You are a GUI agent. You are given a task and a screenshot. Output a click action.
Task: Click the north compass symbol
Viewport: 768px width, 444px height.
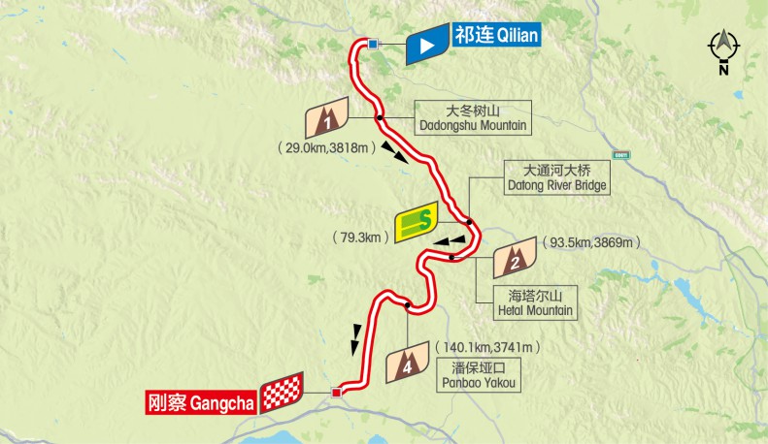pyautogui.click(x=724, y=48)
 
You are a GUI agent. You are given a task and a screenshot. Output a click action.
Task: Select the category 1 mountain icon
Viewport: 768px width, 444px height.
pyautogui.click(x=328, y=118)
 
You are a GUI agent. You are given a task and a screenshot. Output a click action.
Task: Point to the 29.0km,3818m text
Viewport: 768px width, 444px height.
pyautogui.click(x=324, y=148)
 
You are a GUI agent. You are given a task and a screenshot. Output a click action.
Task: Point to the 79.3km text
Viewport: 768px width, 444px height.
pyautogui.click(x=360, y=236)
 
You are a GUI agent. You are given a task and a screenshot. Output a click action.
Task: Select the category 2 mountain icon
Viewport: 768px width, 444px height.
pyautogui.click(x=516, y=258)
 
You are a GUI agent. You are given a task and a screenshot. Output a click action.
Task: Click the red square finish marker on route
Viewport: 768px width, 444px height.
pyautogui.click(x=337, y=393)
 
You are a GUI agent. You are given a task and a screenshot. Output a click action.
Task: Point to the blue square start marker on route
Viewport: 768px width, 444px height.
pyautogui.click(x=373, y=43)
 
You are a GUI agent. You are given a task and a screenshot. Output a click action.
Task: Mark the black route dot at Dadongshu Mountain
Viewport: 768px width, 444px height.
pyautogui.click(x=380, y=118)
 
